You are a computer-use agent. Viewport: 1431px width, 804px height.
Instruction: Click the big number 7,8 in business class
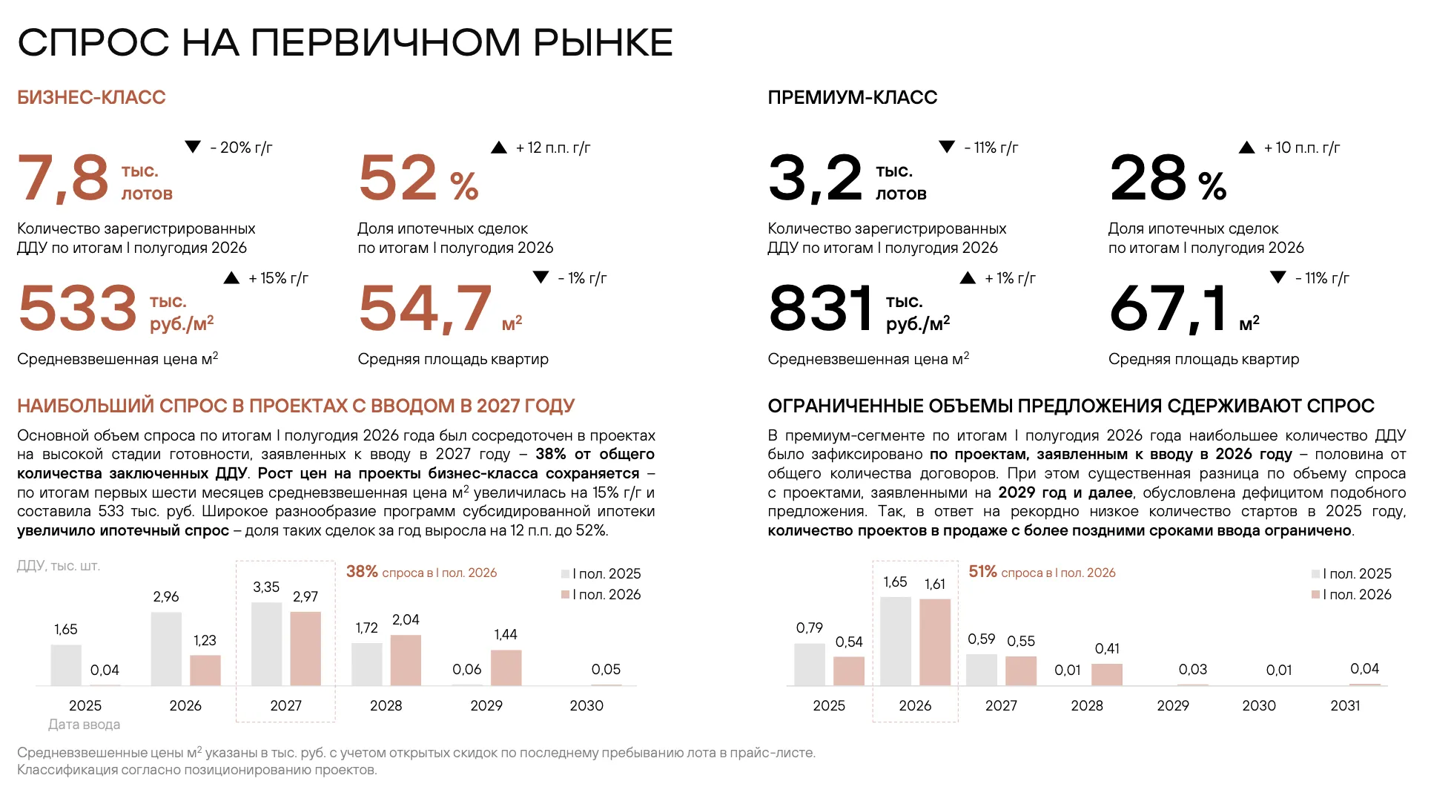point(64,178)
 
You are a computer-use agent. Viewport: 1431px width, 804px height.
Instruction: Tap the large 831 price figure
point(821,309)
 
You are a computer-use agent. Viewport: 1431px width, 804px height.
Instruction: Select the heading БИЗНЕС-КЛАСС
point(91,97)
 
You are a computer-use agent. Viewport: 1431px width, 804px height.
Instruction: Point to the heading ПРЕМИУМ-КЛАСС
point(852,97)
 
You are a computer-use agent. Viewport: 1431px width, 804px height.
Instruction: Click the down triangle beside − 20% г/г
point(193,147)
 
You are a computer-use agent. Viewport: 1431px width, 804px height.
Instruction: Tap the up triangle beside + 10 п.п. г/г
point(1246,148)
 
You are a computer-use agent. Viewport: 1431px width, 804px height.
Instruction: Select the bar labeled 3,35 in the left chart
point(266,644)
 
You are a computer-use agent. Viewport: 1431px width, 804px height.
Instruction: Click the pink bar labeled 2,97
point(305,649)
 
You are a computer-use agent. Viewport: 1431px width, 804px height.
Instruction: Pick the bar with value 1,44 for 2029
point(506,668)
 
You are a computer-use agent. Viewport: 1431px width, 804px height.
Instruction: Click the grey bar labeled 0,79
point(809,665)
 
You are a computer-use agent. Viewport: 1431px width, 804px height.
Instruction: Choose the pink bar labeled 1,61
point(935,642)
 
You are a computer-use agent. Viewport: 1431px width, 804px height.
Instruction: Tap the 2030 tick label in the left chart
point(586,705)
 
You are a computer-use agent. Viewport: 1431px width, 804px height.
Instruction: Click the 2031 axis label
point(1345,705)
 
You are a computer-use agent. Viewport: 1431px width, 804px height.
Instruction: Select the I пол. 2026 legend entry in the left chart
point(601,594)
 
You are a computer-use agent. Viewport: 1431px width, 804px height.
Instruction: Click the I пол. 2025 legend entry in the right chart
point(1352,573)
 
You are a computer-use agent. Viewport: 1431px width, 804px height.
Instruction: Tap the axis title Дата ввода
point(84,725)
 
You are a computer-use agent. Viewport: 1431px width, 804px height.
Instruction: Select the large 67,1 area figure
point(1169,309)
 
